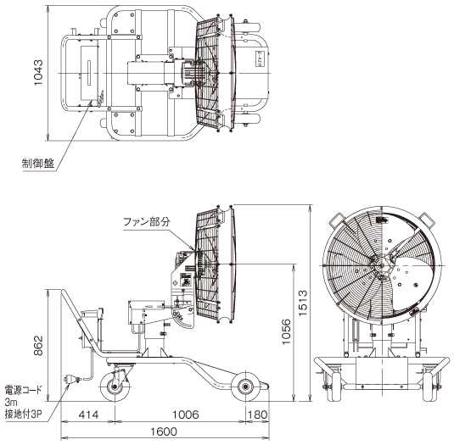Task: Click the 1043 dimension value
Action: [38, 72]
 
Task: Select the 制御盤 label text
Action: [38, 164]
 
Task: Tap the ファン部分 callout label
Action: [147, 222]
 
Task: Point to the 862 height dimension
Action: [38, 345]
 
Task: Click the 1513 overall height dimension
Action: [303, 303]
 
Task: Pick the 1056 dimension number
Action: [286, 331]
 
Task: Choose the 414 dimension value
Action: [88, 414]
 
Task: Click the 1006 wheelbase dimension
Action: [186, 414]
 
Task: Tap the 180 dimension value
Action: [258, 414]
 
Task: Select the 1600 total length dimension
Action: [164, 431]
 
